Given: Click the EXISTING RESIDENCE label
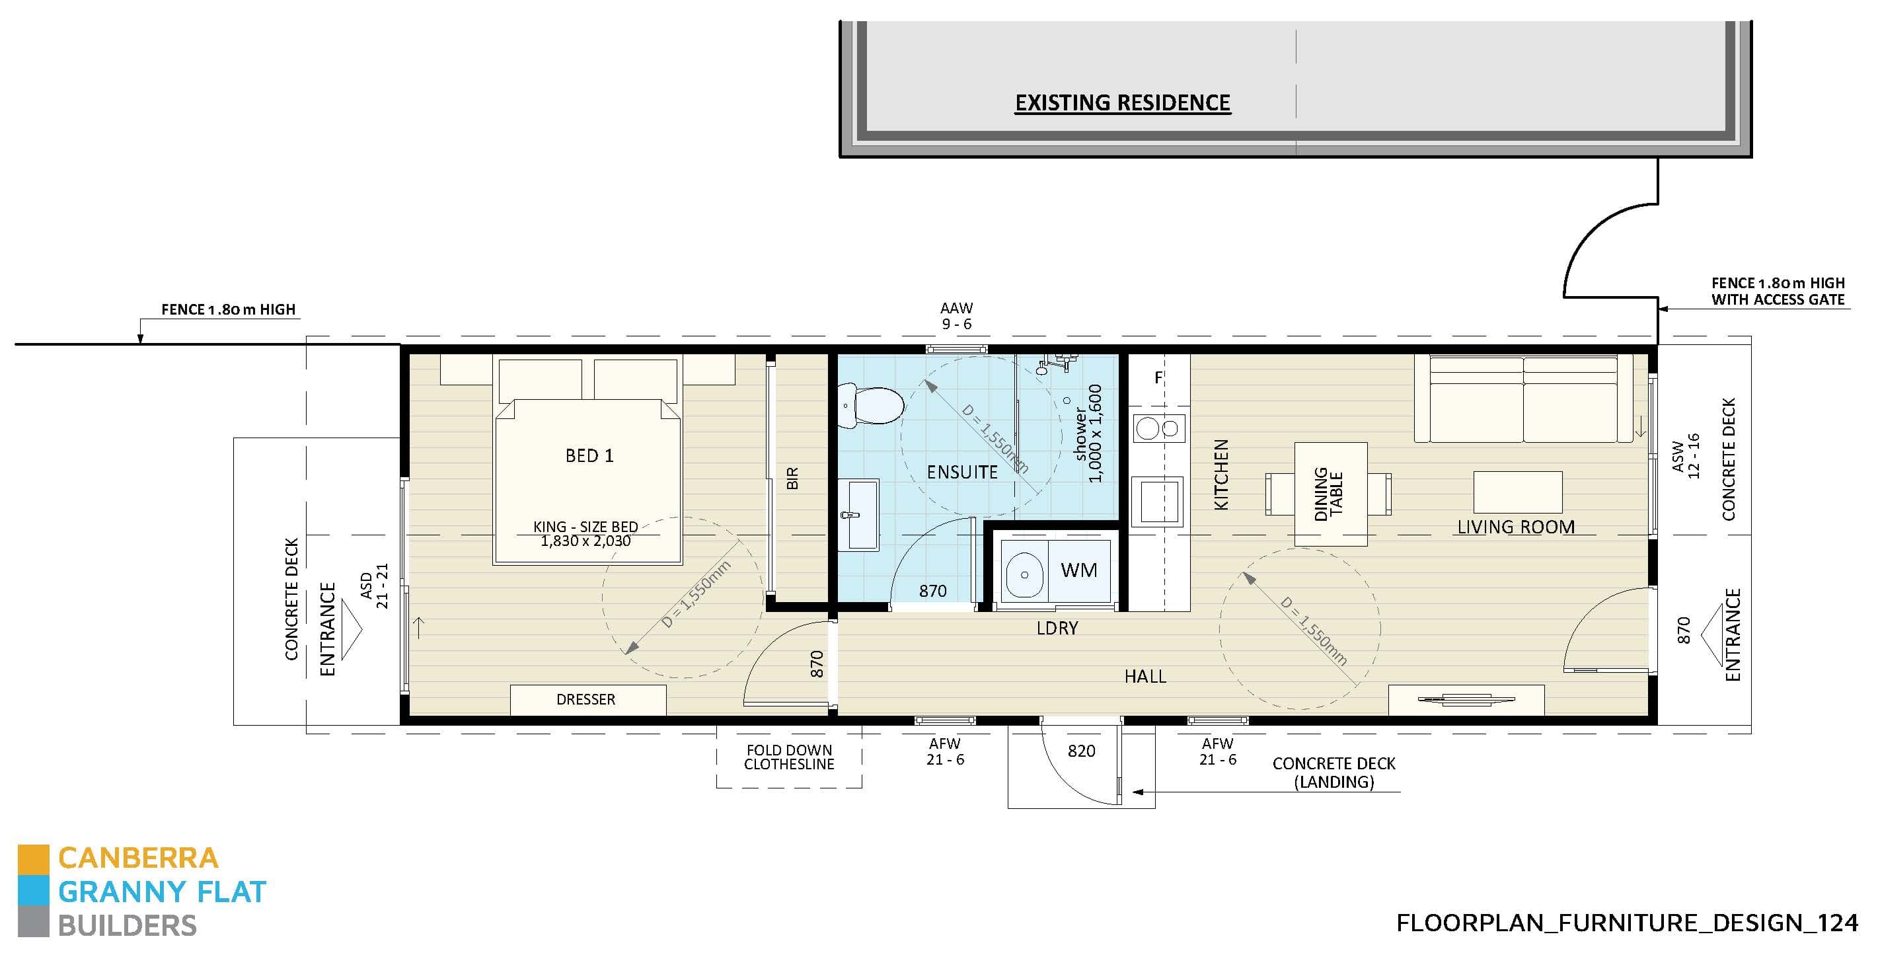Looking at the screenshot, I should [1122, 103].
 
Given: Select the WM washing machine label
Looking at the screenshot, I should [1078, 570].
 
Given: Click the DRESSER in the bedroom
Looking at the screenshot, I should [587, 699].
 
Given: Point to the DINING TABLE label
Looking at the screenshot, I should [1328, 494].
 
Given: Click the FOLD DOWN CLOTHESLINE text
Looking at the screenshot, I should [789, 757].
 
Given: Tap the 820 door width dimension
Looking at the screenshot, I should [1081, 751].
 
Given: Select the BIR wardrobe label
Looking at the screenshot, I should [792, 478].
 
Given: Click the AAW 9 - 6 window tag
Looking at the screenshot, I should [956, 316].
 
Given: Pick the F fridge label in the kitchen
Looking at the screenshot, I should [1158, 377].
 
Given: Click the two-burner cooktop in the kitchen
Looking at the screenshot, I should [1158, 428].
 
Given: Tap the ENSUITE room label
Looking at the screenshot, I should [961, 473].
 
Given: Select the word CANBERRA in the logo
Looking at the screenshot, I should [138, 858].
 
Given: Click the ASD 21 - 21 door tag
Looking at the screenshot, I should [374, 586].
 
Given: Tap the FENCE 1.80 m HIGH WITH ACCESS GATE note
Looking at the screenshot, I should [1778, 291].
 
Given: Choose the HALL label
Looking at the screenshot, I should [1145, 677].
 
